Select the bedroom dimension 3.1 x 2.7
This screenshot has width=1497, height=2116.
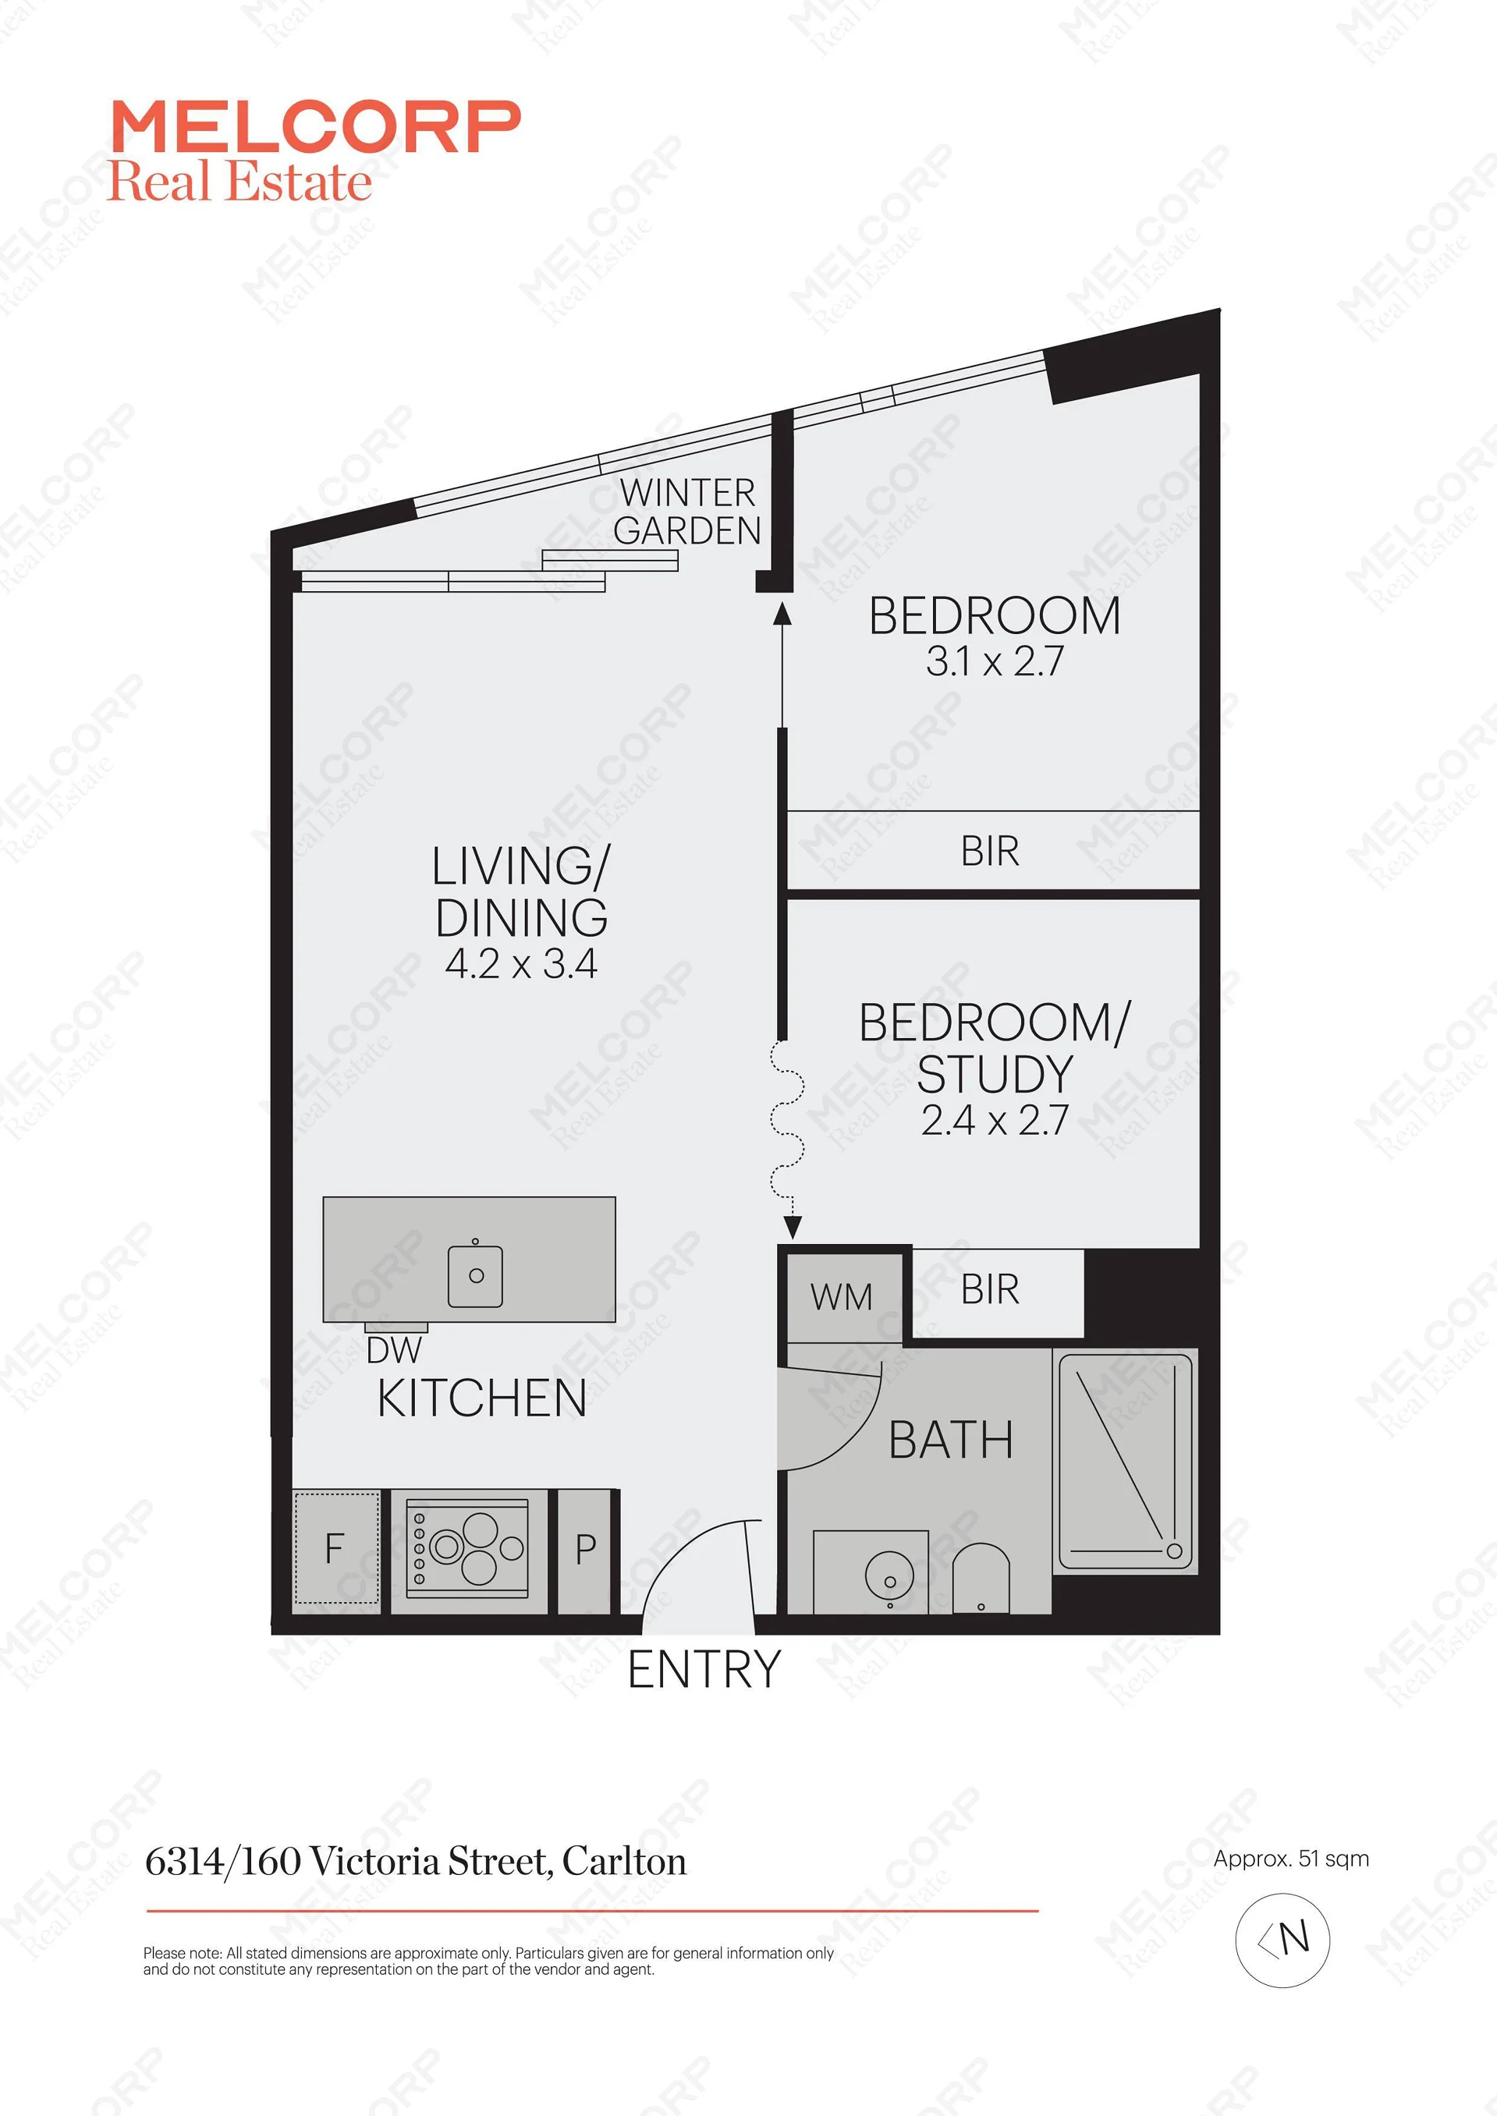tap(995, 661)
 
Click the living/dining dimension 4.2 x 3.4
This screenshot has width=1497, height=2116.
tap(521, 964)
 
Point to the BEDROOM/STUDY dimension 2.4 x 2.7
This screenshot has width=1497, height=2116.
tap(995, 1120)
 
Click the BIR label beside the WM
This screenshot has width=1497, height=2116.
tap(990, 1289)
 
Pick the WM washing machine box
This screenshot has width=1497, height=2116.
tap(843, 1297)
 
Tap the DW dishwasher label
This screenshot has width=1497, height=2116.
tap(394, 1350)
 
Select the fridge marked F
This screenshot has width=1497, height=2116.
tap(335, 1549)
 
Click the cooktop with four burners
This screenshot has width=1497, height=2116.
tap(468, 1549)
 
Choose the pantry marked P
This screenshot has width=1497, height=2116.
tap(584, 1550)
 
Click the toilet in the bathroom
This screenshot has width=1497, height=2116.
tap(981, 1578)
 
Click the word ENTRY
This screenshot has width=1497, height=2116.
tap(704, 1669)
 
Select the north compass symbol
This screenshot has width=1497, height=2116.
tap(1282, 1940)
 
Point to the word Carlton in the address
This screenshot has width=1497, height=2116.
tap(624, 1862)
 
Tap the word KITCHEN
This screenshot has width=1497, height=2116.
tap(482, 1398)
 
